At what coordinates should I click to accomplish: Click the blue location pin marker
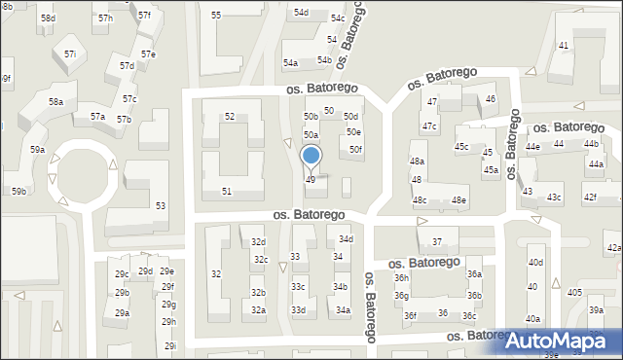311,158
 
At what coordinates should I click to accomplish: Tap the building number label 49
311,180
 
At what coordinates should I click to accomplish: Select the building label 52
230,117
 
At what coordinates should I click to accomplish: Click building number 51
227,192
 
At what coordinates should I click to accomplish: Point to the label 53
160,206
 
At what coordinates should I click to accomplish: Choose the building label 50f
356,149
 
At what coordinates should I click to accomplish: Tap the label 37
438,241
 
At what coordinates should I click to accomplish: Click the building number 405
575,293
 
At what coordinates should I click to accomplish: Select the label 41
564,46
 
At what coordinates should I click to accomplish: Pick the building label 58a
56,102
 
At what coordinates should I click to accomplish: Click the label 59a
37,150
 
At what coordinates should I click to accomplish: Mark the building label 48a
417,161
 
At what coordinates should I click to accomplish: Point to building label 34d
346,239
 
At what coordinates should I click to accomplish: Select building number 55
216,16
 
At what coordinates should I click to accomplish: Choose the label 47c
429,126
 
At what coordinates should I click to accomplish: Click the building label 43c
554,198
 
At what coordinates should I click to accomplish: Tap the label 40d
535,263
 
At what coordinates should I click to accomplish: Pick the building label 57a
98,117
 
